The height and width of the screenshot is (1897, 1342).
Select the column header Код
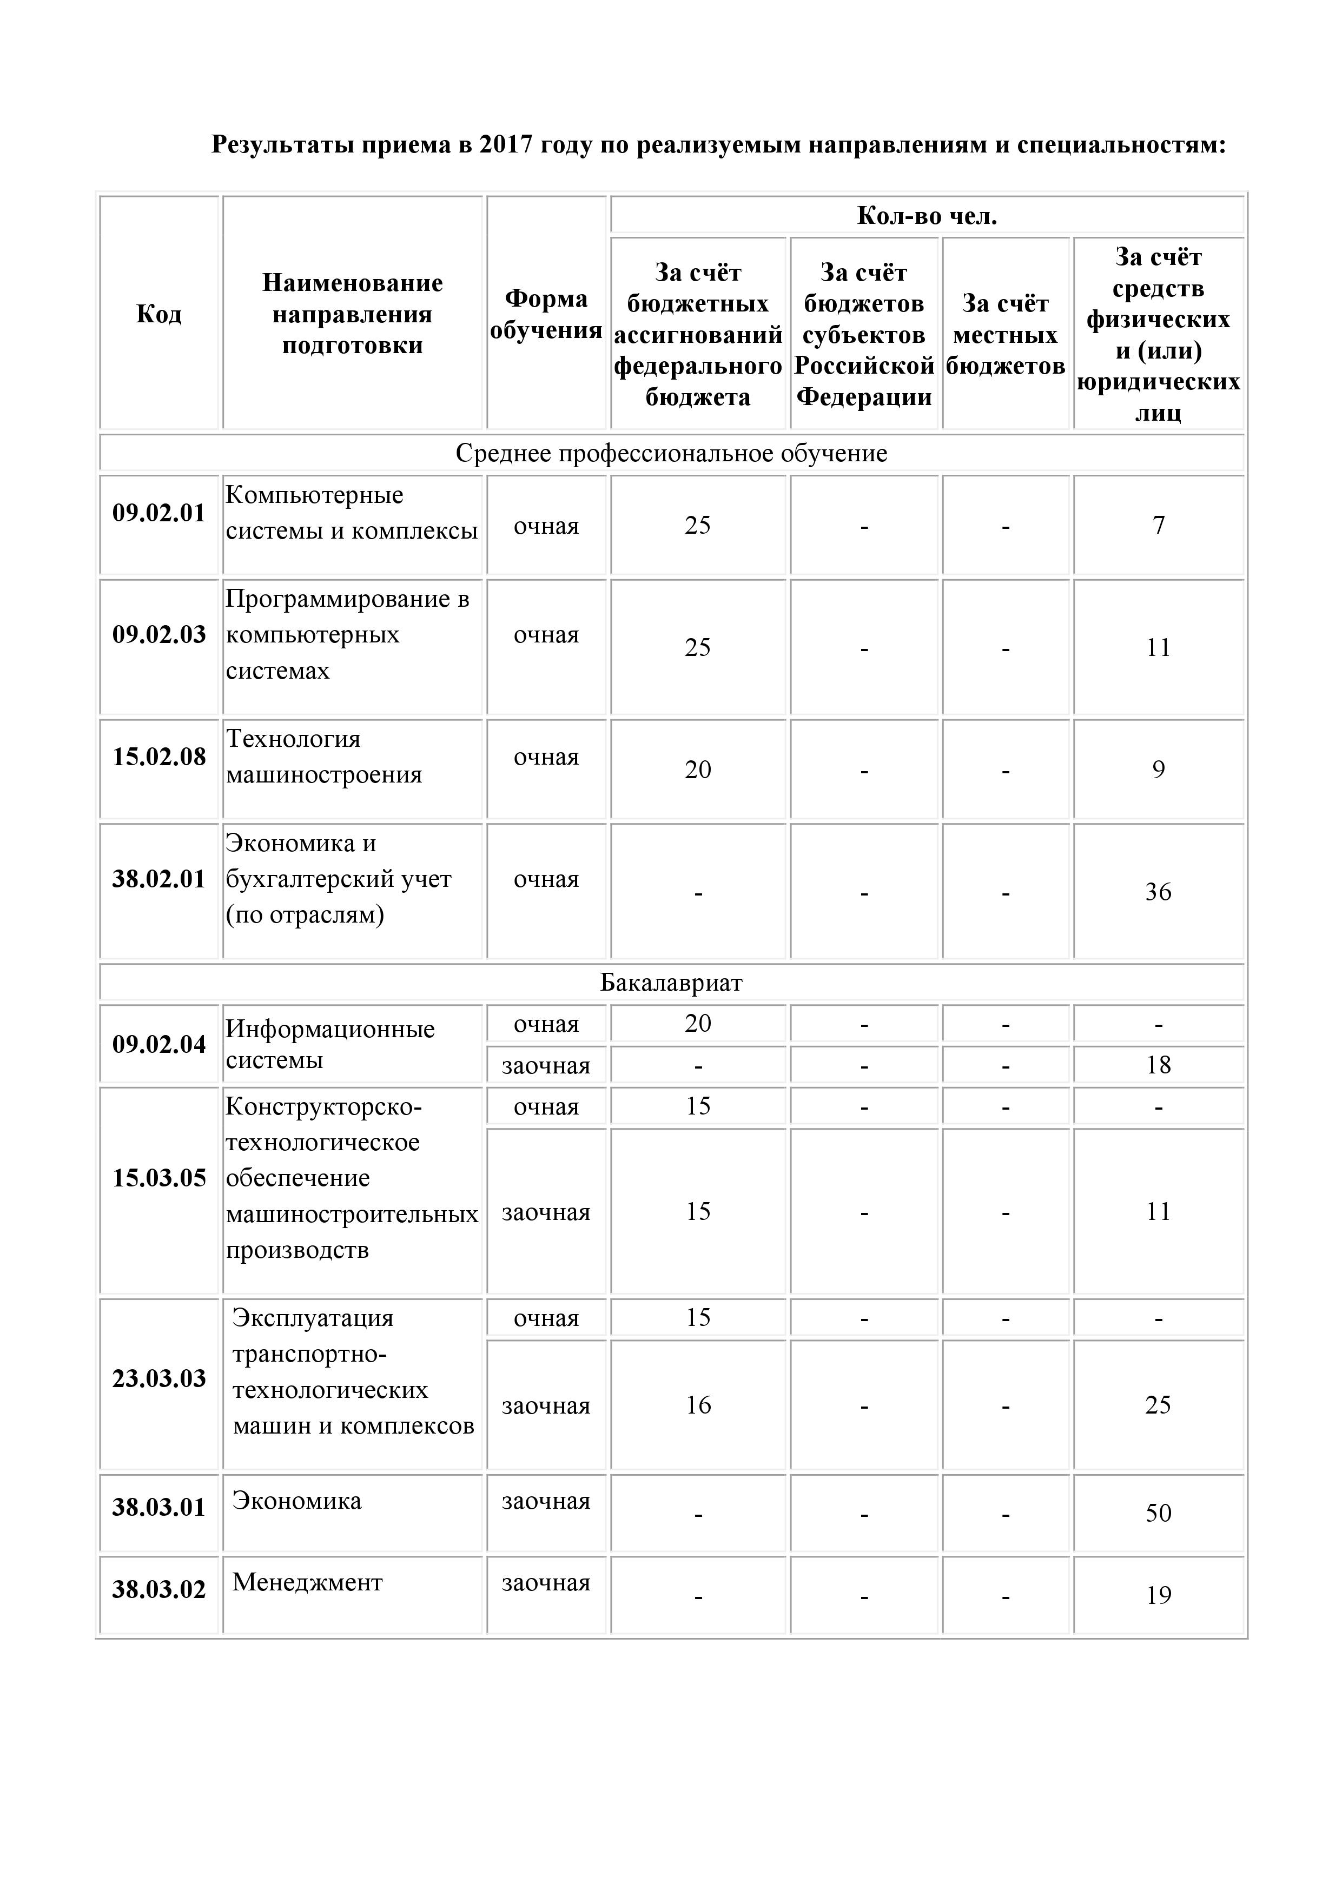point(158,314)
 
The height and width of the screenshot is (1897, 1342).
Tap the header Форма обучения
point(546,314)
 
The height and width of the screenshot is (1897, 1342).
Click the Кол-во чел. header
point(927,216)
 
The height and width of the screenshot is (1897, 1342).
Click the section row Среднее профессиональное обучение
point(671,453)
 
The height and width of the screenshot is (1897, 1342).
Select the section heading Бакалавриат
point(671,983)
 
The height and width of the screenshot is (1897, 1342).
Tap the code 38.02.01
point(158,878)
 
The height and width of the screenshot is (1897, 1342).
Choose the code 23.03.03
point(158,1378)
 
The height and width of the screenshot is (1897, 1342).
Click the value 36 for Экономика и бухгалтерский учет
point(1158,892)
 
